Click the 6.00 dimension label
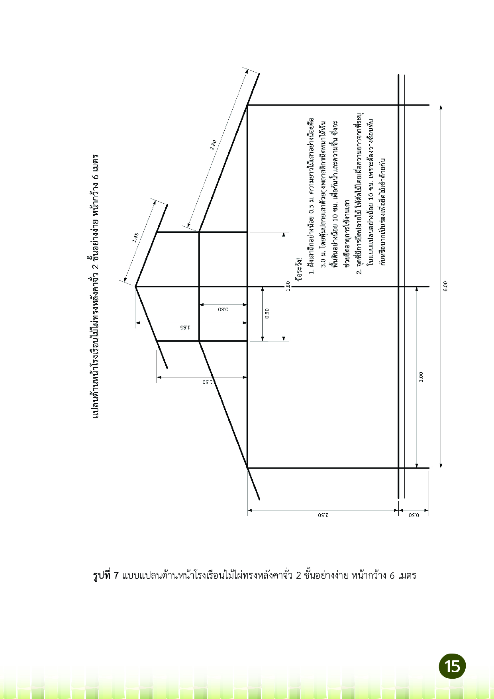point(446,286)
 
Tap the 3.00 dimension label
point(421,377)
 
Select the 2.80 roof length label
point(214,144)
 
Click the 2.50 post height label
point(323,514)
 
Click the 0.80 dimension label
point(223,309)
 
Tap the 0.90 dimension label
point(267,313)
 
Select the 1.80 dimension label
point(288,286)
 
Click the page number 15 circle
point(452,666)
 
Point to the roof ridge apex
point(136,287)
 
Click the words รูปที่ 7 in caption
point(106,576)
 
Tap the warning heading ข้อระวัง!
point(300,269)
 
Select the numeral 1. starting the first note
point(312,271)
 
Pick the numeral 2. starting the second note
point(359,271)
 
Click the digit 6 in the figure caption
point(392,576)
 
